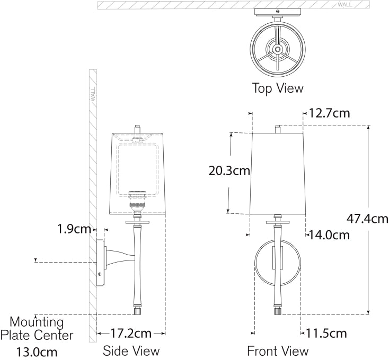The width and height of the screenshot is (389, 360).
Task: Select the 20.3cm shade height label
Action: click(x=229, y=171)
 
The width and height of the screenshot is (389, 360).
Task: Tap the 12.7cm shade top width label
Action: click(x=330, y=113)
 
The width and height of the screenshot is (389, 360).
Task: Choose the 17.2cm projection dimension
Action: click(x=131, y=334)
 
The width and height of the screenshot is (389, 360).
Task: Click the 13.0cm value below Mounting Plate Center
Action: click(x=37, y=352)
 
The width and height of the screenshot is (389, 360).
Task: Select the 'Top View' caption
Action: click(x=278, y=88)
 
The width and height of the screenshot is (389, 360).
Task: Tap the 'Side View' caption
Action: click(x=131, y=350)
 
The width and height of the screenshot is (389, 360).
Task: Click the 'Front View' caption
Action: click(x=278, y=350)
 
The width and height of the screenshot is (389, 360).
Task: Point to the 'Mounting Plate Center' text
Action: click(x=37, y=328)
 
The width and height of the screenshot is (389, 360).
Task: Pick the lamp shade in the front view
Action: click(x=277, y=172)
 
